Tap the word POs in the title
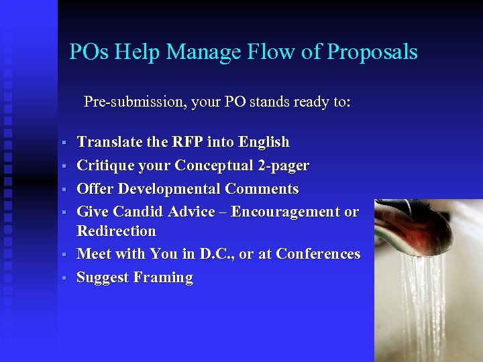pos(89,52)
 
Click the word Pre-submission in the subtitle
pos(133,103)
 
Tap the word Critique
pos(103,165)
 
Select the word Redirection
pos(116,231)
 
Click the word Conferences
pos(318,254)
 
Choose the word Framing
pos(163,278)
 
